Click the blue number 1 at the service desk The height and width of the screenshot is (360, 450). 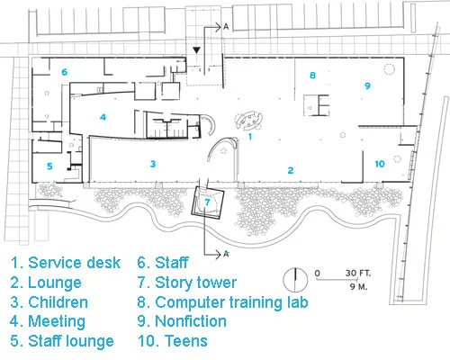(250, 137)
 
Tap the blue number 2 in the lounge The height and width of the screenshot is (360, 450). (291, 170)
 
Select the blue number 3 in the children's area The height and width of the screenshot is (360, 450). (153, 164)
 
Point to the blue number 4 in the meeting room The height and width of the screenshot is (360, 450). (103, 117)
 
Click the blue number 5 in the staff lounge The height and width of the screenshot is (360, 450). (49, 166)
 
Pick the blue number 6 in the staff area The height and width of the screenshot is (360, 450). (64, 72)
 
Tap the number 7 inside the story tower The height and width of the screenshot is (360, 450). (207, 202)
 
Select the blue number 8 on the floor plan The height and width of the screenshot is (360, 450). (312, 75)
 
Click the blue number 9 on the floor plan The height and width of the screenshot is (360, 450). (367, 85)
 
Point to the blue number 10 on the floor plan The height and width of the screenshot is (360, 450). (380, 164)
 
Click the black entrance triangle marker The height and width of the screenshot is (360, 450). (196, 50)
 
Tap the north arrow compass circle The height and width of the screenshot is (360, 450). (295, 280)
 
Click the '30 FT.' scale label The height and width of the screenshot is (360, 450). (358, 274)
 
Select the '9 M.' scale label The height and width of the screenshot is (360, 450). (358, 286)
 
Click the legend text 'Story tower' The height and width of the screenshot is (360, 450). (195, 283)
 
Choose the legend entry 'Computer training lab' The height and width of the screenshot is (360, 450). (231, 302)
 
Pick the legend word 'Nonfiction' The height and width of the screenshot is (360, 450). (191, 321)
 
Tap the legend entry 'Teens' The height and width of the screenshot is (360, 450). (186, 341)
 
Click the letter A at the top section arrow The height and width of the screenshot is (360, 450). (226, 27)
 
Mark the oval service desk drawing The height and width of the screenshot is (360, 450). (248, 121)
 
